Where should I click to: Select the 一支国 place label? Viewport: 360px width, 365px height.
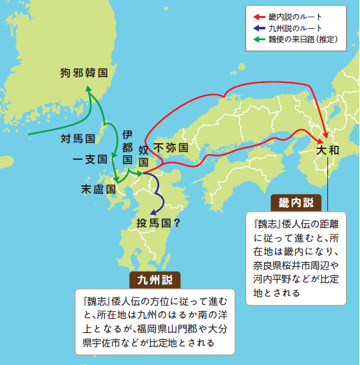(93, 159)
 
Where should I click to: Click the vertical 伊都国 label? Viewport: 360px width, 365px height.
(127, 146)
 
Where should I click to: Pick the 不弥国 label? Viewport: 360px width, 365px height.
(171, 147)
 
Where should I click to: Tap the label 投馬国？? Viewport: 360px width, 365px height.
(158, 223)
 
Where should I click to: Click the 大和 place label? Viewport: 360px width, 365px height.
(332, 151)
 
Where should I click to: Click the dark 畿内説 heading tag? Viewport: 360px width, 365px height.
(296, 203)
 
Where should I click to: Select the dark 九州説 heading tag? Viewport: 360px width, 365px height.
(155, 280)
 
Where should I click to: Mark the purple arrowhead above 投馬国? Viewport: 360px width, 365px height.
(152, 212)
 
